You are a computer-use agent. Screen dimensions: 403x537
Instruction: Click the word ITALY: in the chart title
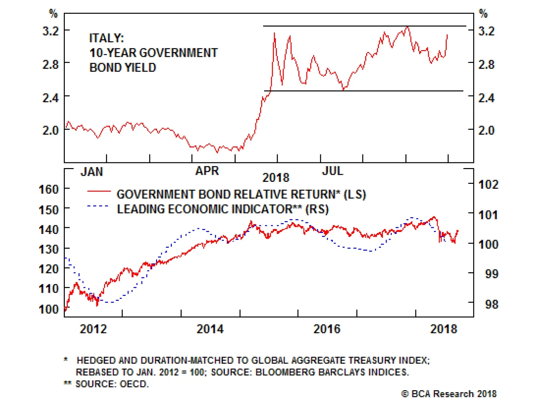pos(106,38)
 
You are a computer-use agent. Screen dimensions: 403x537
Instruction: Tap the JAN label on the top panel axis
pos(92,172)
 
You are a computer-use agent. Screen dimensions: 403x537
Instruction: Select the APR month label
pos(207,171)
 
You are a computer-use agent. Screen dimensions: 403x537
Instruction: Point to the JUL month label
pos(333,171)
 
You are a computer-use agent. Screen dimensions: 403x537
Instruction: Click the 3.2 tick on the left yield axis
pos(50,31)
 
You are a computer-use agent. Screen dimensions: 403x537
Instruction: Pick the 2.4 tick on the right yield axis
pos(486,98)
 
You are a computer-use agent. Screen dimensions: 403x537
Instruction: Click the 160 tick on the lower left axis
pos(49,189)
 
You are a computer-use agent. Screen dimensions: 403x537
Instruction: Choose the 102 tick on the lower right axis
pos(488,185)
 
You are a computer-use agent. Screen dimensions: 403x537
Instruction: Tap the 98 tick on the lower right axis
pos(492,305)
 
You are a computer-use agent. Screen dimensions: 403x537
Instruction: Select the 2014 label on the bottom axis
pos(210,329)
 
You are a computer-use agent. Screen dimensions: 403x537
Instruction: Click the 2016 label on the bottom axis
pos(327,329)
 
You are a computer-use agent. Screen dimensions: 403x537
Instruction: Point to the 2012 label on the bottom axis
pos(93,329)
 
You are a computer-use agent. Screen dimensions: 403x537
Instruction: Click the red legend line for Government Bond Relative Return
pos(99,191)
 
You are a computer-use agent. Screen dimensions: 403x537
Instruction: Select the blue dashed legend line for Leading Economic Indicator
pos(98,206)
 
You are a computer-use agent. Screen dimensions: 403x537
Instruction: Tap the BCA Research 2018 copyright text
pos(449,394)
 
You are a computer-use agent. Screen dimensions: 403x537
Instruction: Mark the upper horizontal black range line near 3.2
pos(364,26)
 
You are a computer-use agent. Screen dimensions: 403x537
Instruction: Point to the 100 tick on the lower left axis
pos(49,309)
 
